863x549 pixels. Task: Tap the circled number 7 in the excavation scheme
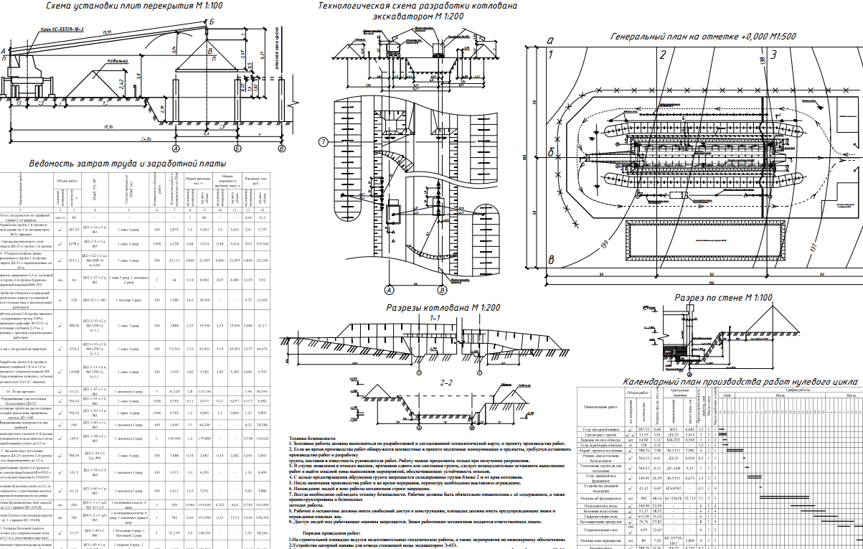click(x=324, y=141)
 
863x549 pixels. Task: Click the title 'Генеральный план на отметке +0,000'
click(x=692, y=36)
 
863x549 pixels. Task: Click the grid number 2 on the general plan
click(x=663, y=54)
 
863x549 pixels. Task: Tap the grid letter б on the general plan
click(x=550, y=153)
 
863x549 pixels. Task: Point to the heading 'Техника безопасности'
click(x=312, y=437)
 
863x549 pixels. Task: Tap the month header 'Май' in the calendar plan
click(x=727, y=395)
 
